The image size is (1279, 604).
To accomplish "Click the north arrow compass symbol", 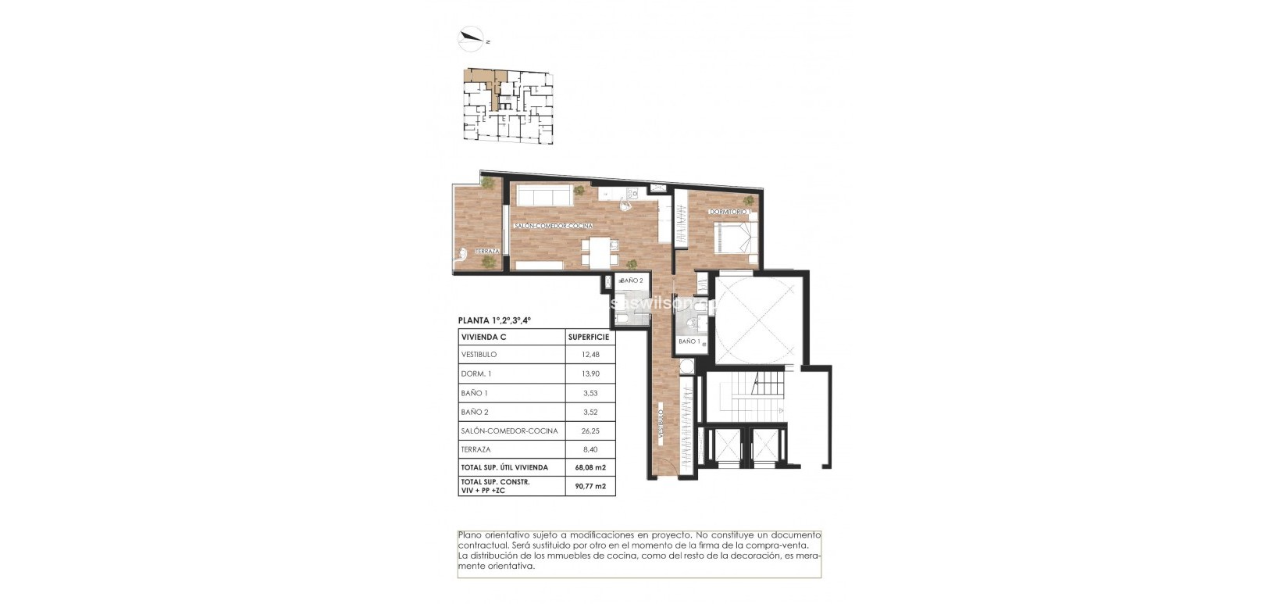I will click(x=472, y=36).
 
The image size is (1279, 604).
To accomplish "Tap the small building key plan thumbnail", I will click(x=508, y=105).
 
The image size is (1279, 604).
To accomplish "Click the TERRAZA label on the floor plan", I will click(x=486, y=251).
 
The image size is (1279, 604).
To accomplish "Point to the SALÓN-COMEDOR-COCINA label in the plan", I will click(x=553, y=226).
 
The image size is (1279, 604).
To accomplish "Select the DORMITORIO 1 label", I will click(x=729, y=212).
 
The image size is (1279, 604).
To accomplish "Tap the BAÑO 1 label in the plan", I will click(x=688, y=341).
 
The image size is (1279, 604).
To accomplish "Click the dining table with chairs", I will click(x=600, y=252).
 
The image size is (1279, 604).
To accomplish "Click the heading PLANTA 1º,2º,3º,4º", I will click(x=493, y=320).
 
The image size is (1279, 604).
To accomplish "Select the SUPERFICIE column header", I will click(x=589, y=337).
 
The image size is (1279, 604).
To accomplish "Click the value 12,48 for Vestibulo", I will click(x=590, y=355).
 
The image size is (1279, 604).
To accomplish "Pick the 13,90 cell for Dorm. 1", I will click(x=590, y=374).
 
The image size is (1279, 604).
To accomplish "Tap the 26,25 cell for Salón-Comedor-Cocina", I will click(x=590, y=431).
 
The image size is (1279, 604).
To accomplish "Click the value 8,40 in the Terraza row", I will click(x=590, y=449).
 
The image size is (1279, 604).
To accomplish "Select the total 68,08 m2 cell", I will click(x=590, y=467).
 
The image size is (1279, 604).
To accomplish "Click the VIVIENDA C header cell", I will click(x=483, y=337).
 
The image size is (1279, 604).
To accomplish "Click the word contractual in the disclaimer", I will click(x=483, y=545).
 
